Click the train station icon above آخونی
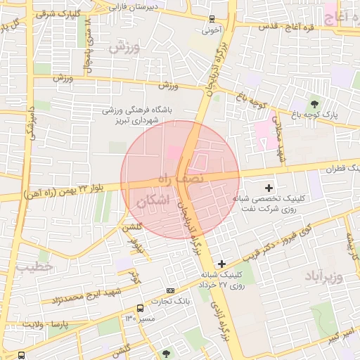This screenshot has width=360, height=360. pyautogui.click(x=213, y=20)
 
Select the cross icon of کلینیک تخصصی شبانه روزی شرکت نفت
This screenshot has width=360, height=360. pyautogui.click(x=269, y=188)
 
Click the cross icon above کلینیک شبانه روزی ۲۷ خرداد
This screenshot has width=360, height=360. pyautogui.click(x=221, y=264)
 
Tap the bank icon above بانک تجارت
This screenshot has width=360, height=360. pyautogui.click(x=170, y=290)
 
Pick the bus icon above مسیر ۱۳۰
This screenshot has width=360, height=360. pyautogui.click(x=141, y=308)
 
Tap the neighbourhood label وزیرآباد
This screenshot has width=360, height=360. pyautogui.click(x=323, y=276)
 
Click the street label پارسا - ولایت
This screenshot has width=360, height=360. pyautogui.click(x=48, y=324)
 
